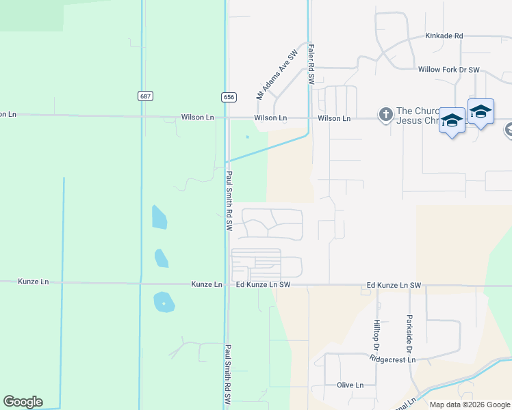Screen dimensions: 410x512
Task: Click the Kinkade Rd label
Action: click(x=444, y=36)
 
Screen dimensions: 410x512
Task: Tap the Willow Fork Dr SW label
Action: click(x=449, y=70)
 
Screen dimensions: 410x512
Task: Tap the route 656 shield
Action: click(x=229, y=97)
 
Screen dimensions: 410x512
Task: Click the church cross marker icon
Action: click(x=385, y=114)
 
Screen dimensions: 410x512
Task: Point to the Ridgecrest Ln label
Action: click(x=393, y=359)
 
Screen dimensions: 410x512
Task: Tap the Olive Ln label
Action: click(x=350, y=385)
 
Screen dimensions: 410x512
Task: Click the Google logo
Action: click(x=23, y=402)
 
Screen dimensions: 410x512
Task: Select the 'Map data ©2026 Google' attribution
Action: click(x=469, y=405)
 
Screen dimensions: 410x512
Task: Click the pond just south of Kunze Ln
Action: click(x=164, y=302)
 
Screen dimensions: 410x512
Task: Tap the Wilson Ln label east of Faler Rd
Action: click(x=334, y=118)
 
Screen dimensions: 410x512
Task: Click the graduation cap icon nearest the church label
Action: click(x=452, y=122)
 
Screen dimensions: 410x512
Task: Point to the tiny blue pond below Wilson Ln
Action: click(x=247, y=137)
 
